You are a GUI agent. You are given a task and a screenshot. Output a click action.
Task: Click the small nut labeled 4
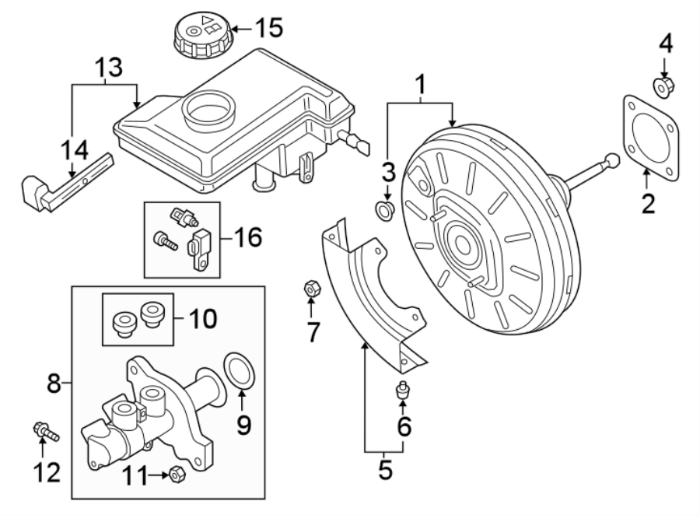[x=663, y=87]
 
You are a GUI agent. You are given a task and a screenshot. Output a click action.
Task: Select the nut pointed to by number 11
[x=176, y=472]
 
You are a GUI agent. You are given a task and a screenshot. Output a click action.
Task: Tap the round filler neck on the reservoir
[x=208, y=108]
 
